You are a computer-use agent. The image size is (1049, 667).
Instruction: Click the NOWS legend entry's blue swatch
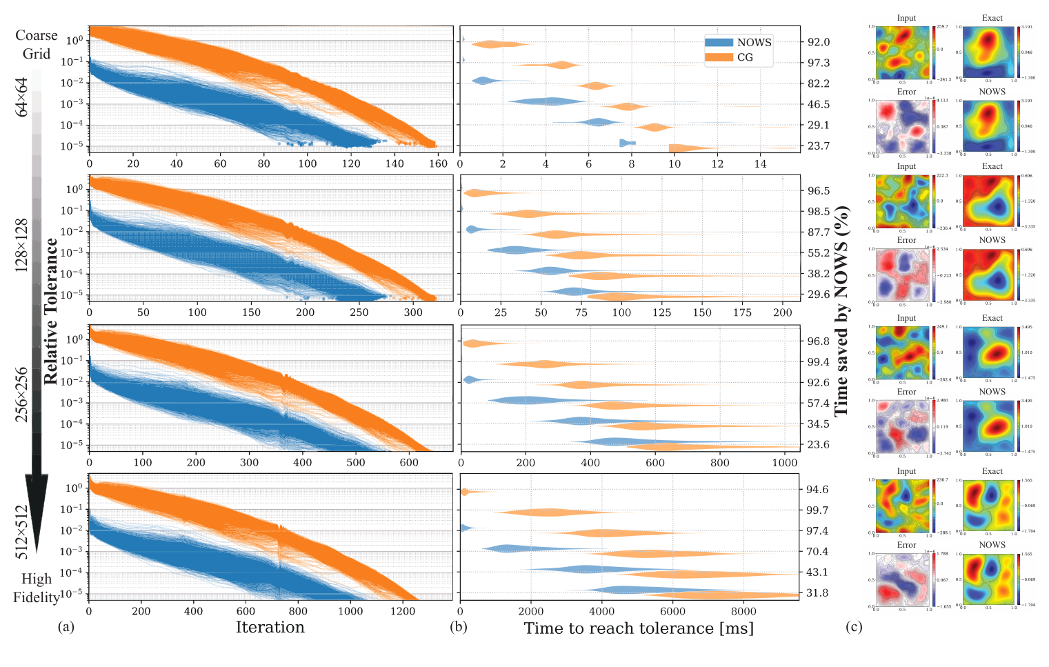[719, 42]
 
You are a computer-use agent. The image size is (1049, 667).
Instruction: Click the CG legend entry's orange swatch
[719, 57]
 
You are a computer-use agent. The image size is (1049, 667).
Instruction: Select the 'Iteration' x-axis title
[270, 627]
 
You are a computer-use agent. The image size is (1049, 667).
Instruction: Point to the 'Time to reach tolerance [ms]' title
[639, 628]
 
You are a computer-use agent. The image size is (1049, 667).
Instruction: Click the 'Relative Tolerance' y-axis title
[51, 311]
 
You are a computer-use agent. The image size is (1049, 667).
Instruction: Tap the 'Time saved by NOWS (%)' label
[841, 310]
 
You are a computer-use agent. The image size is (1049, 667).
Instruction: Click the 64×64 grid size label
[22, 97]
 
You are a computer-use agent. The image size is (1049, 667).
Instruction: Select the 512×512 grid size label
[22, 532]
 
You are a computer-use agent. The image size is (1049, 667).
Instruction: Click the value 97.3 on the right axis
[819, 63]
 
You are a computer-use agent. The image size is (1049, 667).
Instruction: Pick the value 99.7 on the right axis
[817, 510]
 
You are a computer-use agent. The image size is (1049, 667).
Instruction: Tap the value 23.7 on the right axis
[819, 146]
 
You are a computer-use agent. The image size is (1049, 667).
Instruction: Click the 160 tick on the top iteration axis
[438, 163]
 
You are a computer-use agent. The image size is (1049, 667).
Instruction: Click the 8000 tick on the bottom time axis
[744, 610]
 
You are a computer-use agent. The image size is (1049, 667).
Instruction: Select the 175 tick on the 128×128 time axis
[743, 312]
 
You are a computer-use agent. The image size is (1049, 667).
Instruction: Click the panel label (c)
[855, 627]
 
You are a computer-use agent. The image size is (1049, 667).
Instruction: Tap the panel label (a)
[66, 627]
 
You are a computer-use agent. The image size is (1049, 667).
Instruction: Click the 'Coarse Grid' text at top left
[37, 44]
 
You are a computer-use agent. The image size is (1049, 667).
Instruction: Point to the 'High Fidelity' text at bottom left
[37, 588]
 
